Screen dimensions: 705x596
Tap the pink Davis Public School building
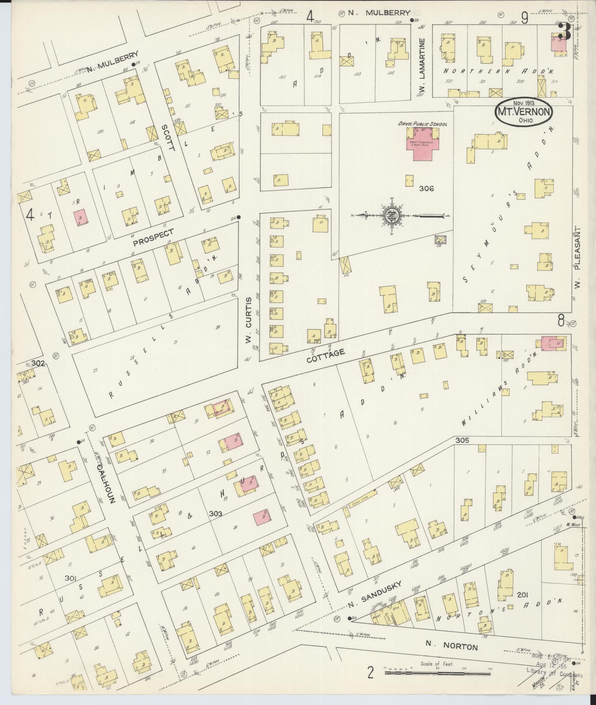click(x=422, y=144)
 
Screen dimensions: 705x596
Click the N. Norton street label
click(x=452, y=646)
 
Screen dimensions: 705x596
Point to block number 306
click(x=426, y=188)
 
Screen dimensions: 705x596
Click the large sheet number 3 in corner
click(x=565, y=31)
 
